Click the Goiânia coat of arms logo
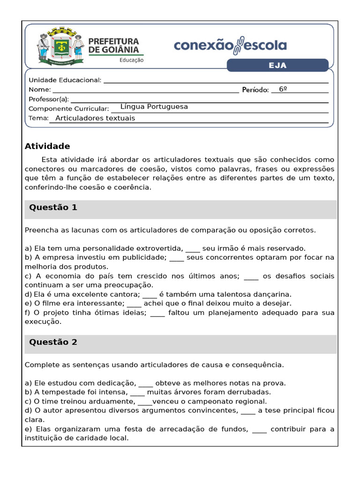(61, 47)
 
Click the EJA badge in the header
(277, 65)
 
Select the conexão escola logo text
(230, 45)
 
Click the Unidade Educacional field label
(65, 80)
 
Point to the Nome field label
(39, 89)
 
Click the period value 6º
(283, 89)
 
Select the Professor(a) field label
(49, 99)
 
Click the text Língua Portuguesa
(154, 107)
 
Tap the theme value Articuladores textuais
(95, 118)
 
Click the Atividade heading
(47, 146)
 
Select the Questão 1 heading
(53, 207)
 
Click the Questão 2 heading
(53, 342)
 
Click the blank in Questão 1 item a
(193, 249)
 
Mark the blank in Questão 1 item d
(150, 295)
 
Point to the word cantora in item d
(126, 294)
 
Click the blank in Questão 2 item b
(137, 392)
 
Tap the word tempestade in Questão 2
(63, 392)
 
